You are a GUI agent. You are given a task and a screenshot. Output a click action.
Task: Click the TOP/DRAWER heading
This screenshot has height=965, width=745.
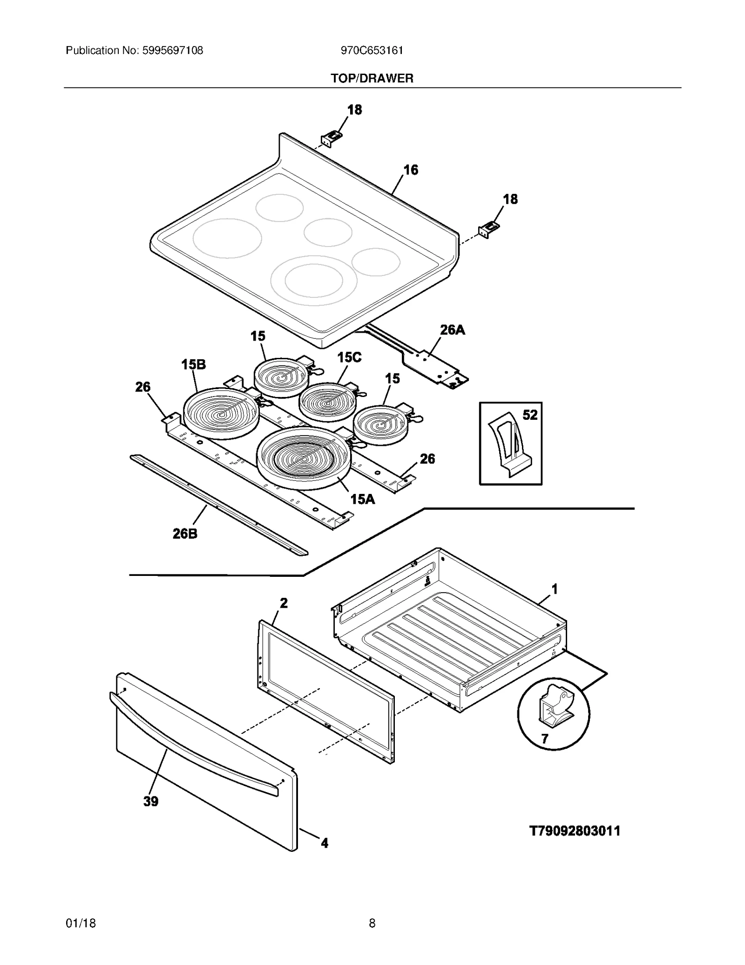(x=372, y=78)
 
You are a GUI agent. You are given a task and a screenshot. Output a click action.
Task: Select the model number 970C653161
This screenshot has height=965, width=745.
(x=372, y=50)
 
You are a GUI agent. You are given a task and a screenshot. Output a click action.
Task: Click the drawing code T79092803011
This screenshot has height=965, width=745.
(x=575, y=831)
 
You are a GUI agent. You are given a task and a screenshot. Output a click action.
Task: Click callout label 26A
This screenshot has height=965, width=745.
(x=452, y=330)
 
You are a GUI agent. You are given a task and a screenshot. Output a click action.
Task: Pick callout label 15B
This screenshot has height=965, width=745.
(x=193, y=364)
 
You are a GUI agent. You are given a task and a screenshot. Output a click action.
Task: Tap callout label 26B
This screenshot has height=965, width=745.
(x=185, y=534)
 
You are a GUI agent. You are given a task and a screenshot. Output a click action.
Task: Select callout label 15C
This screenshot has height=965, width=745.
(x=349, y=357)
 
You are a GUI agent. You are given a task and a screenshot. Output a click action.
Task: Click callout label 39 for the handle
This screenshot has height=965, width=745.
(x=150, y=801)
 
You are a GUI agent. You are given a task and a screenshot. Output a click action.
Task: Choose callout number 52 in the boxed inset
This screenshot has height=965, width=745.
(x=530, y=415)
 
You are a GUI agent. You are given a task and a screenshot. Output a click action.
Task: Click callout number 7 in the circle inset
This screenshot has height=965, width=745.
(x=544, y=739)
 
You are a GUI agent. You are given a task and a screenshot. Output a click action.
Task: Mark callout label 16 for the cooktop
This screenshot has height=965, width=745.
(x=410, y=170)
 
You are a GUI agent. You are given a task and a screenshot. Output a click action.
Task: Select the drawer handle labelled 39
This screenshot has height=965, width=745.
(x=196, y=741)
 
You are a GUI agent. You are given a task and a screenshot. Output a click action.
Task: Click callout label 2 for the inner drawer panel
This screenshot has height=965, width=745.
(x=283, y=603)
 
